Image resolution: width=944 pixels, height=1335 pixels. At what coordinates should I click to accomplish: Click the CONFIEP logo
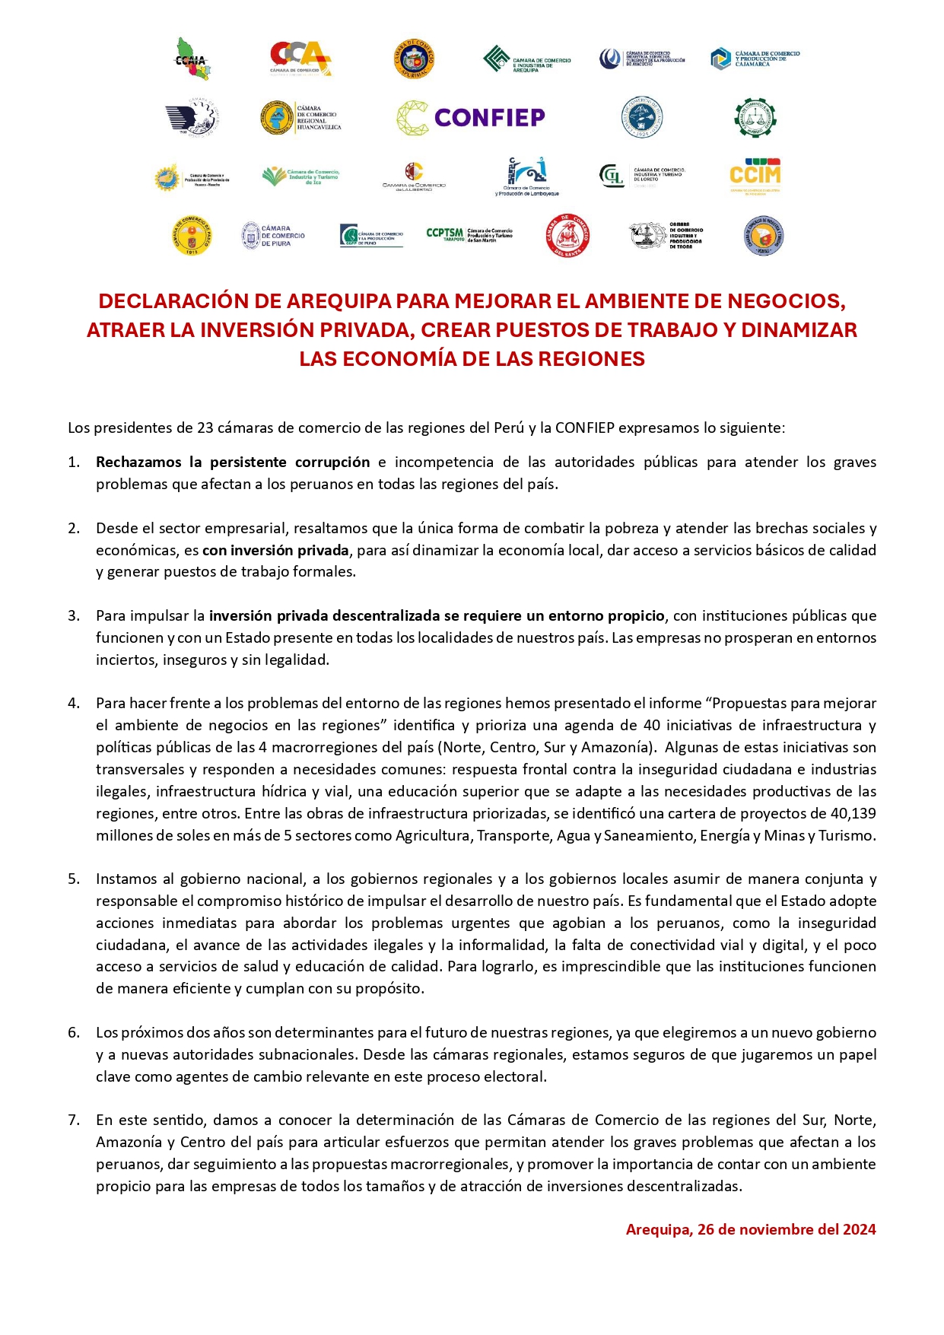471,118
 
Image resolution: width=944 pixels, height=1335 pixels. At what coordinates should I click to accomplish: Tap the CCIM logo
755,176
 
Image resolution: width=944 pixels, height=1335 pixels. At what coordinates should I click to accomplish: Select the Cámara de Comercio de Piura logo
273,236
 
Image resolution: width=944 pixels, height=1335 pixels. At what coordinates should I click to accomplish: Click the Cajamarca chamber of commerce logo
755,59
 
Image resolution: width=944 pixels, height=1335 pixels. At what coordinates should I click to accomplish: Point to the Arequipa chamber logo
526,59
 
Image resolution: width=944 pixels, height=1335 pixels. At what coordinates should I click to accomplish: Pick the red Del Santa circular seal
568,236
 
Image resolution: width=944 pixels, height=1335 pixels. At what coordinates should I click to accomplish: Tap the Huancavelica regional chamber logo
300,118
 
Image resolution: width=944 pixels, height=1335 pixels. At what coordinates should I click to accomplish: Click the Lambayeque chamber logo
527,176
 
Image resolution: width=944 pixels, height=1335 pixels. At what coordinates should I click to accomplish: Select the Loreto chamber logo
642,176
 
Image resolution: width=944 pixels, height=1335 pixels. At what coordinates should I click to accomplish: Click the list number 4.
74,703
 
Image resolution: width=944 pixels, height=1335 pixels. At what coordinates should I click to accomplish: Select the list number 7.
74,1120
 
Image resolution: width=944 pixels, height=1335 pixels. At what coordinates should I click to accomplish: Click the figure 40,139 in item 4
853,813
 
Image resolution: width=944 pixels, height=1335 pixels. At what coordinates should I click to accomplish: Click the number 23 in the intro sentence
205,428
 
